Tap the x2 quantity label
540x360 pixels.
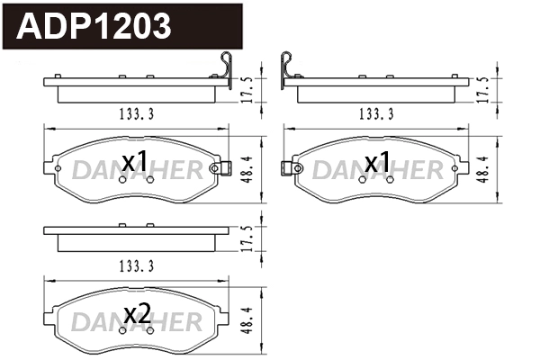click(x=136, y=314)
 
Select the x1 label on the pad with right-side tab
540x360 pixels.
click(x=134, y=162)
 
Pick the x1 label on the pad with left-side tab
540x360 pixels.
click(x=377, y=162)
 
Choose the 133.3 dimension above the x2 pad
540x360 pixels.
click(x=136, y=265)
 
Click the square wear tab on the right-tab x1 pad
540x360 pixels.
click(x=215, y=168)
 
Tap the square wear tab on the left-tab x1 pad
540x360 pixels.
click(x=288, y=167)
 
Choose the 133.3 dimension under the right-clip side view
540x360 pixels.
click(x=136, y=114)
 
